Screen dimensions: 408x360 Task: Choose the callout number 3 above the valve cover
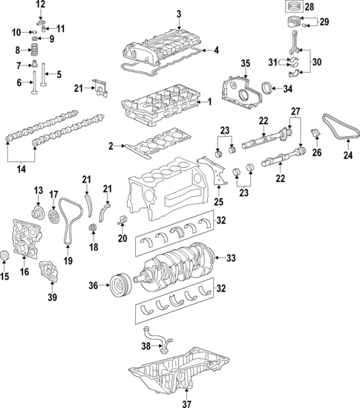(x=178, y=13)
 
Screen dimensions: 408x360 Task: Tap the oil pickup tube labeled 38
(x=157, y=342)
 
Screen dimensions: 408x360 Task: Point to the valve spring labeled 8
(x=32, y=51)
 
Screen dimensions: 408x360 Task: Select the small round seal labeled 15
(x=7, y=257)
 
